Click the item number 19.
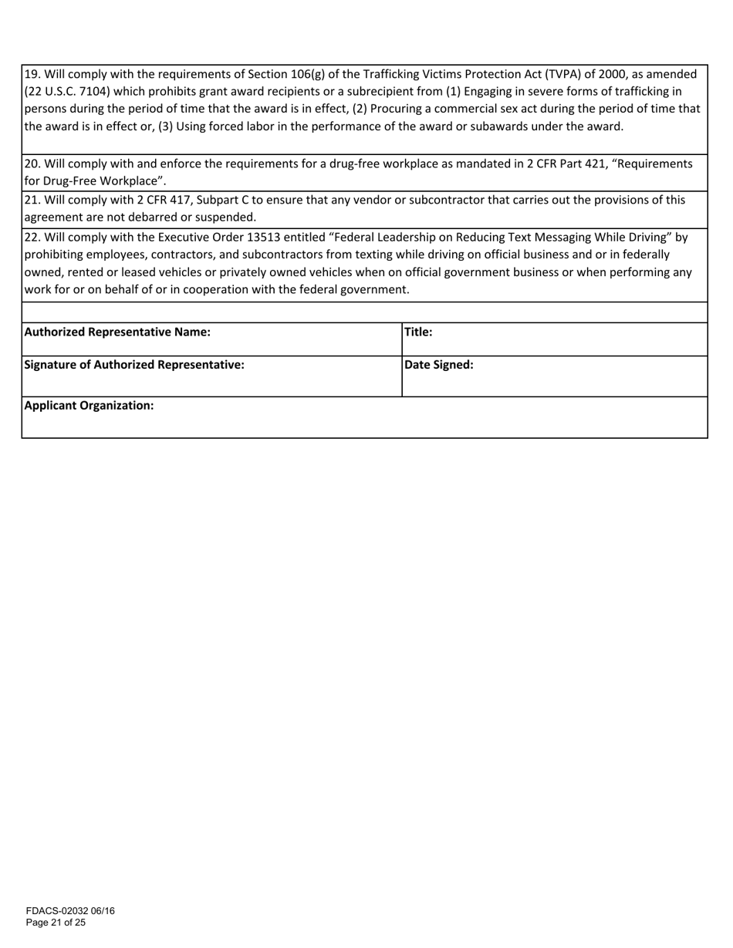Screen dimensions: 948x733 (32, 75)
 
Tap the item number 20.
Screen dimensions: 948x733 (32, 164)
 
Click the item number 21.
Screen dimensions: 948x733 (32, 201)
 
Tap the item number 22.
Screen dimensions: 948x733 (32, 237)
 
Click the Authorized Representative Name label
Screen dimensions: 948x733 (117, 332)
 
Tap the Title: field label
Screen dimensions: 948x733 (418, 332)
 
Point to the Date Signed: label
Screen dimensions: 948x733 (439, 366)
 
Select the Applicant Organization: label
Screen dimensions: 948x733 (90, 406)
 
